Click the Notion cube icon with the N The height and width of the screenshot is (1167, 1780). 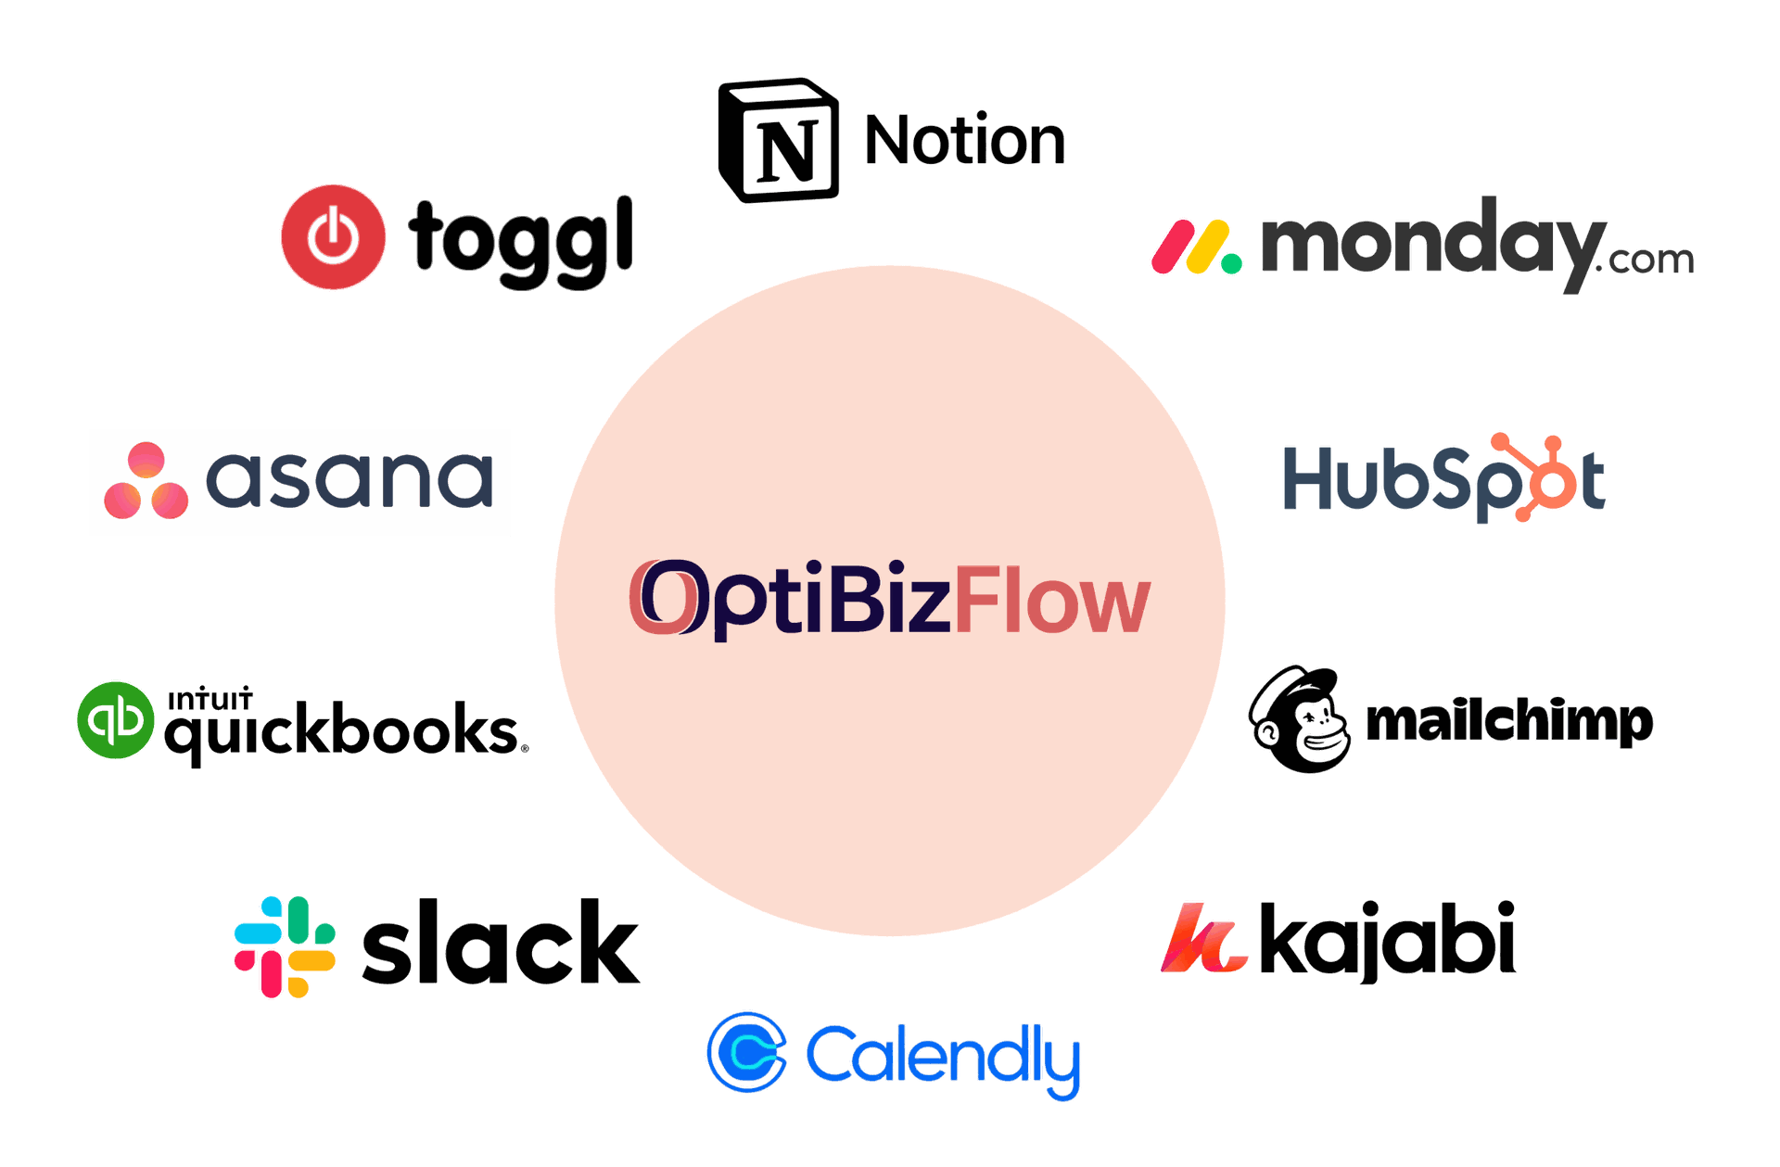tap(779, 140)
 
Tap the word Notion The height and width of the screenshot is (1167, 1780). tap(965, 140)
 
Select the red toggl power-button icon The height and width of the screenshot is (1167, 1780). tap(334, 237)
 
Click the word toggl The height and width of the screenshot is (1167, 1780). tap(521, 241)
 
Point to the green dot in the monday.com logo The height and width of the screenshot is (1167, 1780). tap(1231, 264)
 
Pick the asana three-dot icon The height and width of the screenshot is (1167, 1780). tap(146, 480)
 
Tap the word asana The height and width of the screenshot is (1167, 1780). tap(350, 480)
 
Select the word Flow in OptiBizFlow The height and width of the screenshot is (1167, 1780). tap(1053, 601)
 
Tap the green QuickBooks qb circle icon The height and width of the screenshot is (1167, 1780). tap(116, 720)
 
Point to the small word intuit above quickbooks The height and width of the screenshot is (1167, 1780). tap(210, 698)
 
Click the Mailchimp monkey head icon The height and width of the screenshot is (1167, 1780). tap(1299, 719)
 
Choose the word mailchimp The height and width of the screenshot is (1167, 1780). tap(1509, 723)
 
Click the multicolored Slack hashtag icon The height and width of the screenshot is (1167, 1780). tap(285, 947)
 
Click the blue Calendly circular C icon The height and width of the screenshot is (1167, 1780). tap(747, 1052)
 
